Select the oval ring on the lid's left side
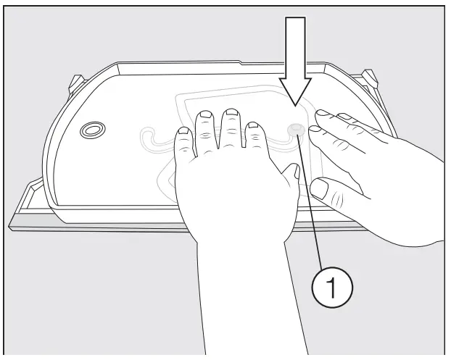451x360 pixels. pos(92,130)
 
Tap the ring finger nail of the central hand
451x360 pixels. pos(205,117)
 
